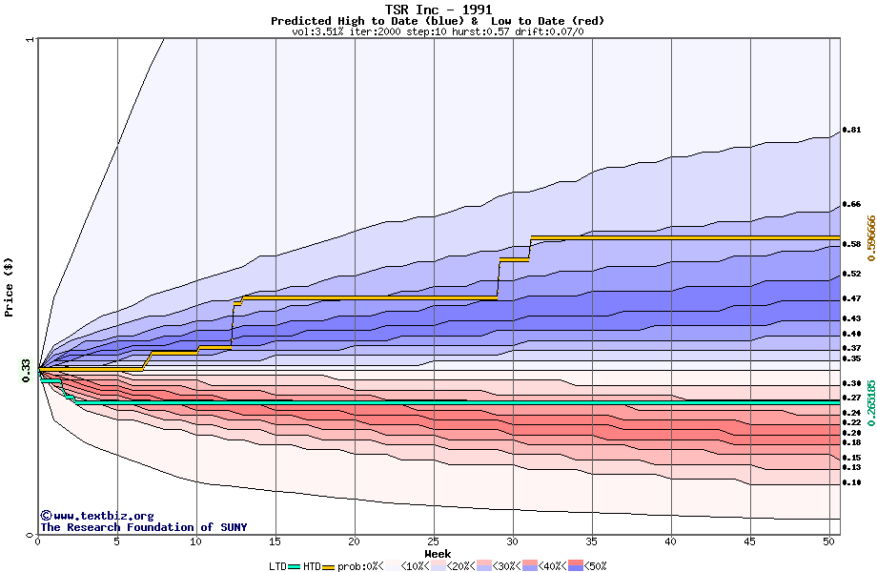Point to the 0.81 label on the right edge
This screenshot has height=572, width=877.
tap(851, 130)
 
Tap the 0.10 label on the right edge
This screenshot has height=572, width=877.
tap(851, 483)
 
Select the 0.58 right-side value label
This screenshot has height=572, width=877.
tap(851, 244)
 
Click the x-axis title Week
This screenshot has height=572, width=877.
tap(438, 553)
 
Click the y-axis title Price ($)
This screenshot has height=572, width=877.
tap(10, 286)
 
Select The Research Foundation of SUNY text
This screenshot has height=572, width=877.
tap(143, 527)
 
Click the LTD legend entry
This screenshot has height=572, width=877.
tap(278, 566)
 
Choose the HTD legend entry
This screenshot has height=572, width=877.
tap(312, 566)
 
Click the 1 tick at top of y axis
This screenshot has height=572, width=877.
tap(31, 40)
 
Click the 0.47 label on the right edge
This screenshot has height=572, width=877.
tap(851, 298)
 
